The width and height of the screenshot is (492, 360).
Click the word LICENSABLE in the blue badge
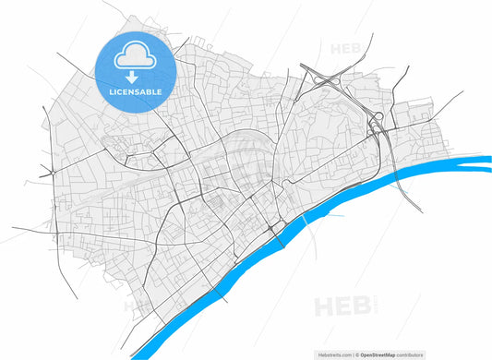135,93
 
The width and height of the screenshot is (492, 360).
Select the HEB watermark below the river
339,305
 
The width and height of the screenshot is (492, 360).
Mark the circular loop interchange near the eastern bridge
377,117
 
